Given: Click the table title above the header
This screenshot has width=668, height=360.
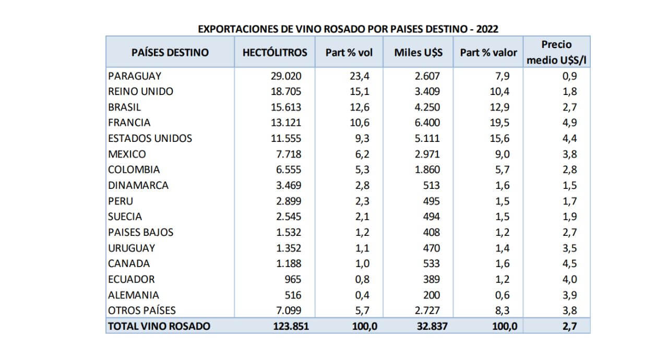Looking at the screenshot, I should point(348,29).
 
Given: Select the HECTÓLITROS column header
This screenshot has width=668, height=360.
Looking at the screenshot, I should point(275,52).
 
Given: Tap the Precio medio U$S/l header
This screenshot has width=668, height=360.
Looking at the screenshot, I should point(556,52).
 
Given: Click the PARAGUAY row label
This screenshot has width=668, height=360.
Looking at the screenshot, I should point(135,76).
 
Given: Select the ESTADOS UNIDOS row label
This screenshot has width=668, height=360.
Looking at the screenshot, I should point(150,138).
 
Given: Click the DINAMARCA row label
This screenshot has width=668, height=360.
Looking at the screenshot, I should point(138,185).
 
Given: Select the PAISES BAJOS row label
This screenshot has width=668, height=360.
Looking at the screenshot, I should point(141,232).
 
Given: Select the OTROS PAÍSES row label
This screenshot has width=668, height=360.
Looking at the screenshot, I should point(142,310).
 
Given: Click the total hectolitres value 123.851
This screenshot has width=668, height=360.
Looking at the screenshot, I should point(291,326).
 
